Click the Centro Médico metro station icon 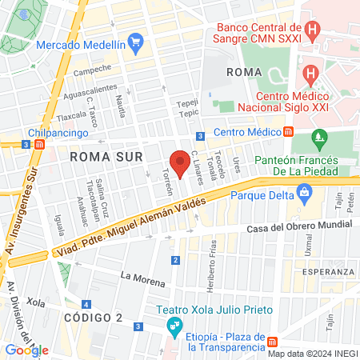click(289, 132)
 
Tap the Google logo click(26, 350)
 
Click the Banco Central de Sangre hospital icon click(313, 34)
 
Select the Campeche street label click(92, 69)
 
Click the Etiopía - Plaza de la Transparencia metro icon click(273, 342)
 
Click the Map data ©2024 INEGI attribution click(312, 353)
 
